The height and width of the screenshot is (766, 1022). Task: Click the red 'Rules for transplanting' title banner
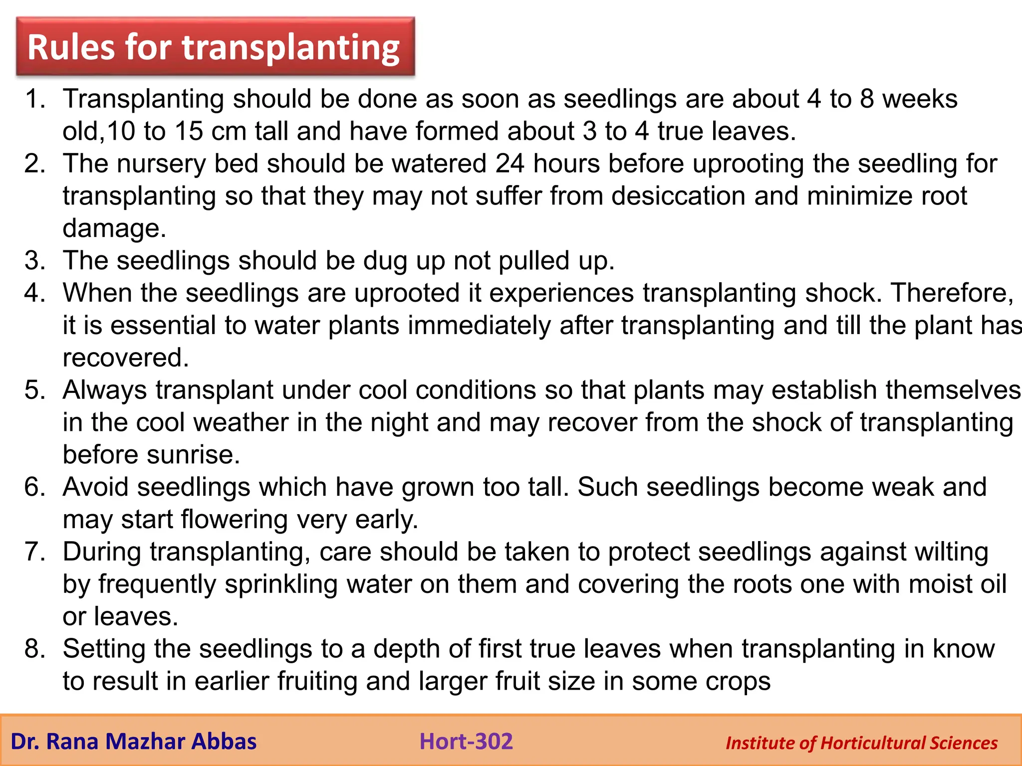pos(215,47)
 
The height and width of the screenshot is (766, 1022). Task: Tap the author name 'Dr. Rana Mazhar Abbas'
pos(133,742)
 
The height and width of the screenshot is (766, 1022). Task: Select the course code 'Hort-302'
pos(466,741)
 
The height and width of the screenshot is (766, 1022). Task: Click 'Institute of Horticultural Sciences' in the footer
pos(861,743)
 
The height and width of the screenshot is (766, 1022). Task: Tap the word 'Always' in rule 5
pos(105,390)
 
